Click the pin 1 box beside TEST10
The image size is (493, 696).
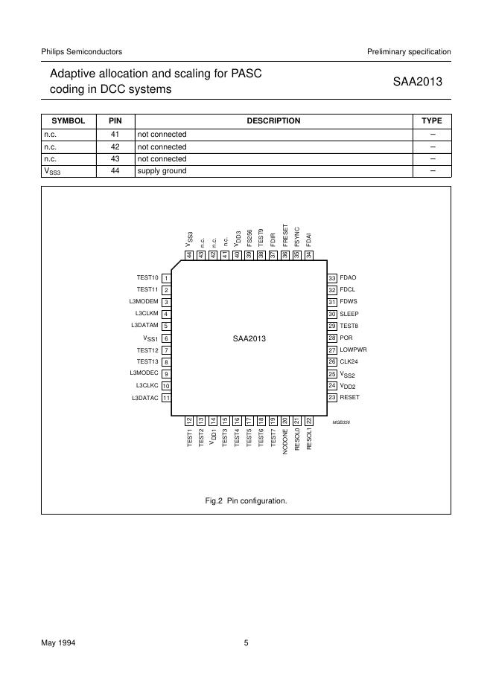point(167,278)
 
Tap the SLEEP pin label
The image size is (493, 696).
point(349,315)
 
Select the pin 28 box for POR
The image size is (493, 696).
point(332,338)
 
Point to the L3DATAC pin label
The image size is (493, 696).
point(144,398)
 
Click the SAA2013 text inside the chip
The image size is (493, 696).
point(249,338)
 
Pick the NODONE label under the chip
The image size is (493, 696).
point(285,442)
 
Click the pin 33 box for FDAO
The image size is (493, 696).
point(332,278)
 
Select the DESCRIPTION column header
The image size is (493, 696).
point(273,120)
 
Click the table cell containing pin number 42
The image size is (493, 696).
point(115,146)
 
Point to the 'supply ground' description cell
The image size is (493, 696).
point(161,170)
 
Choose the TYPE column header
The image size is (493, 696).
point(431,120)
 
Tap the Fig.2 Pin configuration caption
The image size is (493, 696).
point(246,500)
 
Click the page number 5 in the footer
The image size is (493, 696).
point(246,643)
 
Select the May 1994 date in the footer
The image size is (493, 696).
point(57,643)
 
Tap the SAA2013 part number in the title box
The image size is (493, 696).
point(418,82)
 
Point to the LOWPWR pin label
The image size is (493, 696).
point(353,350)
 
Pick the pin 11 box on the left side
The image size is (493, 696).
point(167,398)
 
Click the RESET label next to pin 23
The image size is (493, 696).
point(349,398)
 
